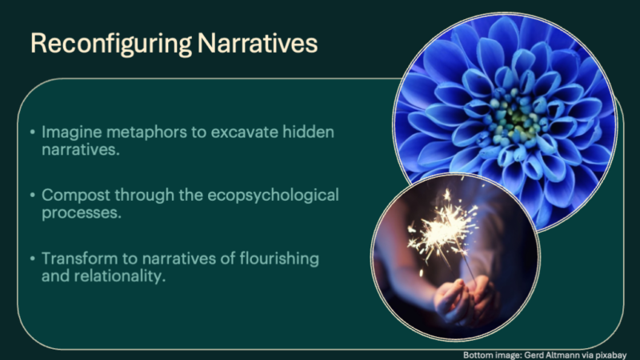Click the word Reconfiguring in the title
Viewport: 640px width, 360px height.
coord(111,44)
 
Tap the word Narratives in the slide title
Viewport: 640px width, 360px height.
coord(258,43)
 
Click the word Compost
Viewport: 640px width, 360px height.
coord(76,196)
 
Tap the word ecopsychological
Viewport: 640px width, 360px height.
coord(273,196)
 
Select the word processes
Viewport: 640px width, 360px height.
coord(82,213)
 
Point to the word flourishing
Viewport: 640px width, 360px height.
coord(279,259)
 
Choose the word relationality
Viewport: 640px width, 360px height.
coord(119,276)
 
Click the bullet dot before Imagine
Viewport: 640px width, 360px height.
coord(33,132)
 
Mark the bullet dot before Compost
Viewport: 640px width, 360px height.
coord(33,195)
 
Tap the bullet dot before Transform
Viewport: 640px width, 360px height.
coord(33,258)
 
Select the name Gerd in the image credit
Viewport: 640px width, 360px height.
coord(534,355)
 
